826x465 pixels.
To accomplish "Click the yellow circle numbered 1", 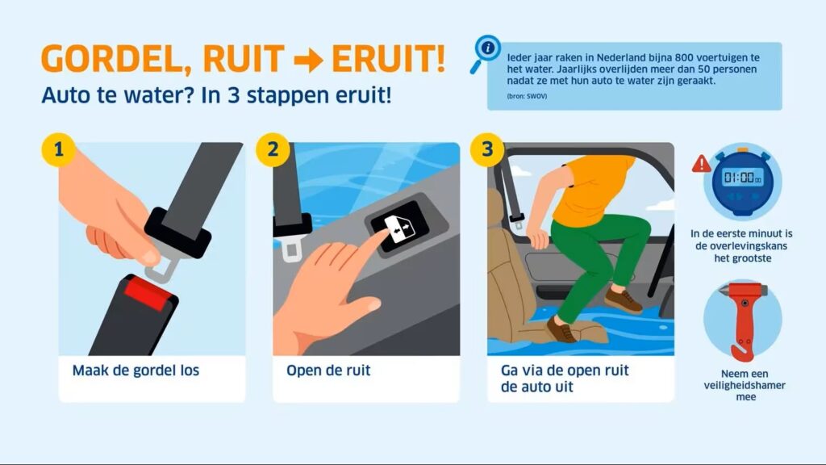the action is (58, 149).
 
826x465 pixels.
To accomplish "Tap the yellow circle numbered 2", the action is (273, 149).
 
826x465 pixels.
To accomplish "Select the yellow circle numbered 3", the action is (487, 149).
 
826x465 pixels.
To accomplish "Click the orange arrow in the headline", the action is (309, 61).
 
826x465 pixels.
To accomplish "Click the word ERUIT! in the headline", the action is (389, 58).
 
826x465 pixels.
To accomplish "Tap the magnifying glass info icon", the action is (485, 52).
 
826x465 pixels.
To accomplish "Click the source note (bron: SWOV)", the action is (527, 97).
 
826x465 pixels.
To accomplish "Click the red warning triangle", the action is (701, 163).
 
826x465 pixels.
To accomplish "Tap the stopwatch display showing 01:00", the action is (742, 177).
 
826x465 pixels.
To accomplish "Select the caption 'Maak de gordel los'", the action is (136, 371).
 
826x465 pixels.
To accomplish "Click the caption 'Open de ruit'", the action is (328, 371).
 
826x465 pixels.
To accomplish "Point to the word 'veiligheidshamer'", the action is (745, 385).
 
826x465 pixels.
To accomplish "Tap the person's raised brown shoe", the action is (624, 300).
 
